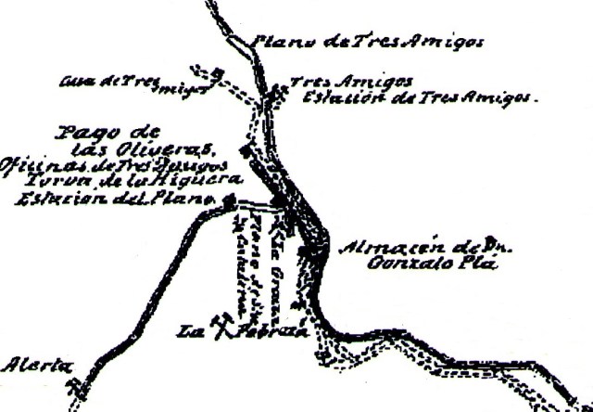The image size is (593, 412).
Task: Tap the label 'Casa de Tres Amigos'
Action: pos(130,84)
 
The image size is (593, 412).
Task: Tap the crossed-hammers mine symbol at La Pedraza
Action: pos(221,324)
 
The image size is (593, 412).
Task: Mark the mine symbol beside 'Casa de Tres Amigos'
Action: pos(216,73)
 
